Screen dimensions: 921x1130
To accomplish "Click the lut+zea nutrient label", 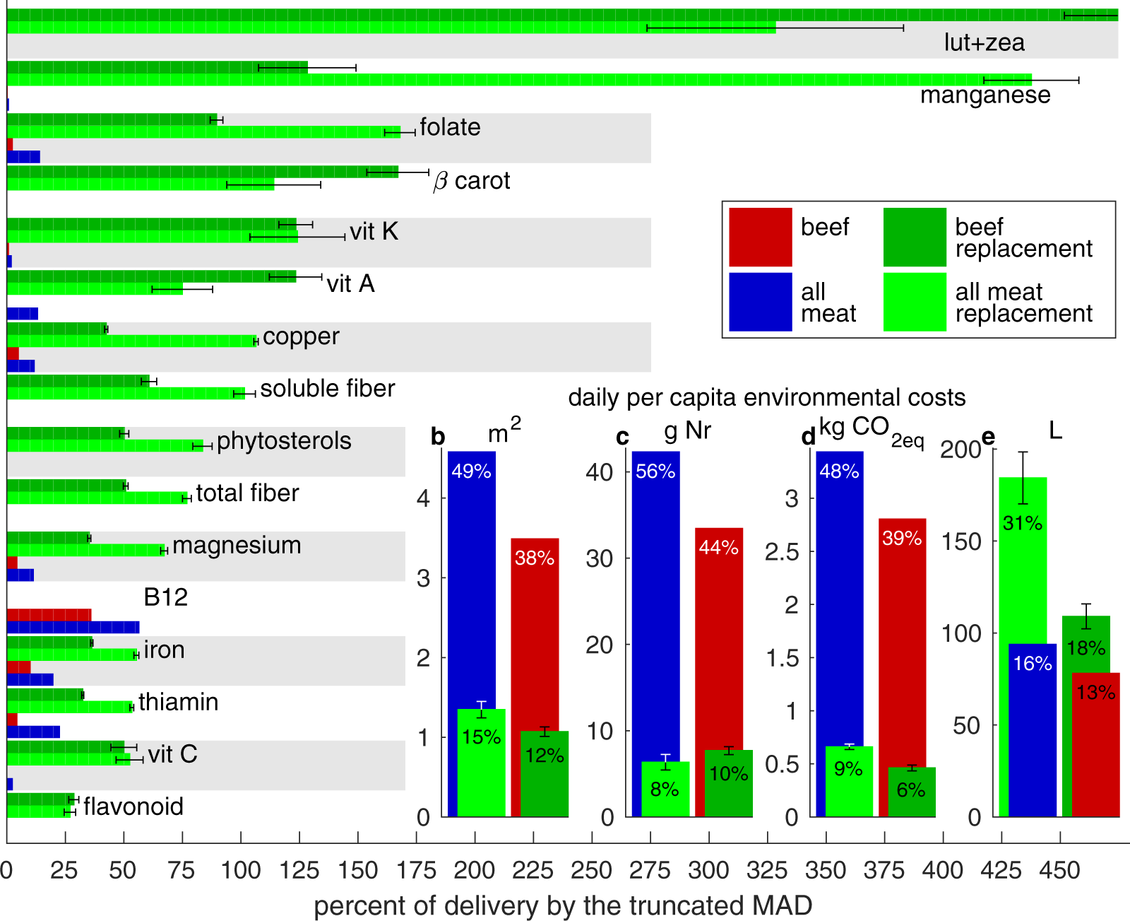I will point(984,42).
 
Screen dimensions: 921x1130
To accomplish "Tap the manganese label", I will point(985,95).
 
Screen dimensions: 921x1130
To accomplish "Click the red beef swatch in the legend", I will point(760,237).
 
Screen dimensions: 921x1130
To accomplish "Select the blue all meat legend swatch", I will point(760,302).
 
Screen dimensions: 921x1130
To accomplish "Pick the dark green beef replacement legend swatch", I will point(914,237).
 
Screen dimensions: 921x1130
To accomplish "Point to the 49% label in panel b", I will point(471,471).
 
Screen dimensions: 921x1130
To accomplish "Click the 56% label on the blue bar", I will point(655,471).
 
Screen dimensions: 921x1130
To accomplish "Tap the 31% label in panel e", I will point(1022,523).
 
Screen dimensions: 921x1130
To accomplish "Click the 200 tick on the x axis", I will point(474,870).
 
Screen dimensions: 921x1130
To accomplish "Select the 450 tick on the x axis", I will point(1059,870).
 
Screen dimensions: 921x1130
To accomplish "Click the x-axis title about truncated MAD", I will point(563,905).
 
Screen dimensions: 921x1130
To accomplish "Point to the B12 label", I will point(165,597).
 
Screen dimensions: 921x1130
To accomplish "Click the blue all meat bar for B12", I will point(73,627).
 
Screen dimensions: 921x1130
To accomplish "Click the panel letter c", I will point(622,438).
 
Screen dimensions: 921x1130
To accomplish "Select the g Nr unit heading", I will point(687,430).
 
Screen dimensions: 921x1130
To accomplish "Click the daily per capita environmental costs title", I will point(766,397).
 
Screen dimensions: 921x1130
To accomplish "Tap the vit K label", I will point(374,231).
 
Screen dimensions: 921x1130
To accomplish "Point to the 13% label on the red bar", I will point(1095,693).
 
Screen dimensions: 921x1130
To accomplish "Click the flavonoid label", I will point(133,806).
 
